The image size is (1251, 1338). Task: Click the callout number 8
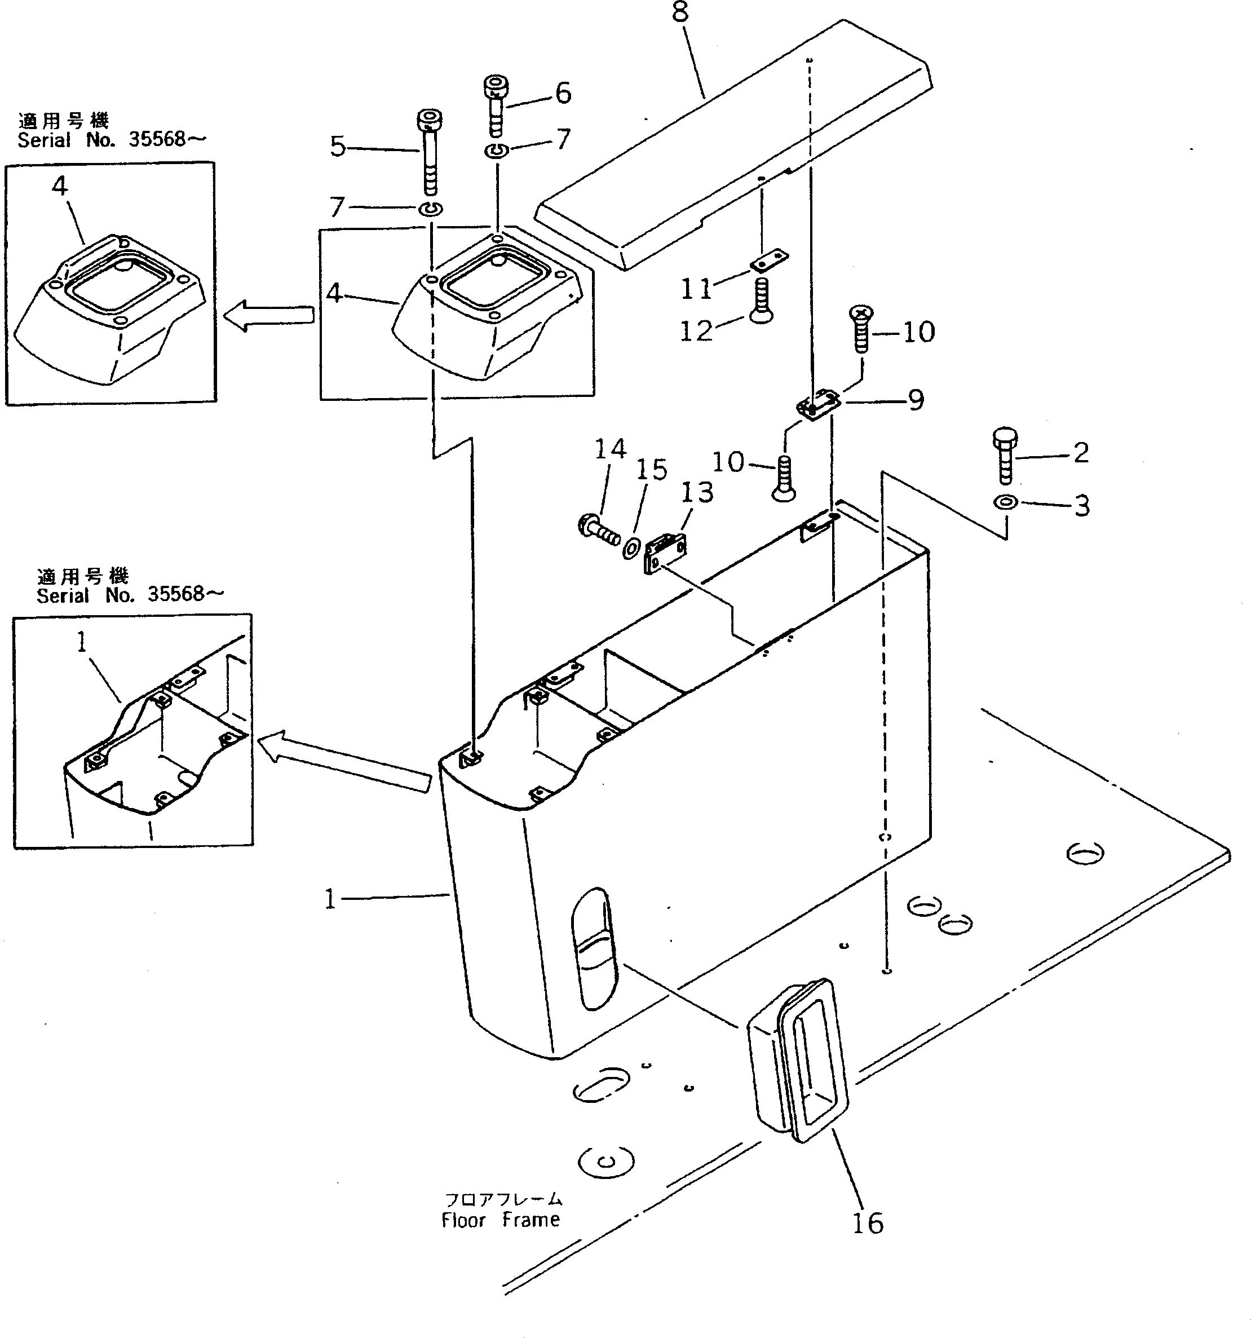(680, 11)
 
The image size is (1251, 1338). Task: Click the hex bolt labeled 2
(1005, 456)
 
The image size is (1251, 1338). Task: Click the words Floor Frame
(501, 1220)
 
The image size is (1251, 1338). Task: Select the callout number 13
(696, 493)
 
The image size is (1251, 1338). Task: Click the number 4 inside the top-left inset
(60, 187)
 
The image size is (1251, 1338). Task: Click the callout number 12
(695, 331)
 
